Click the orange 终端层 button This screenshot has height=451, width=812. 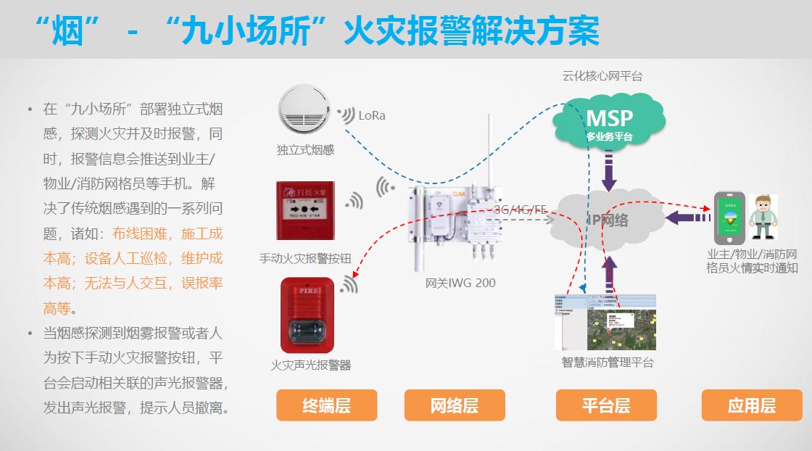click(327, 405)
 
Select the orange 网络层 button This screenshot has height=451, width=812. click(455, 405)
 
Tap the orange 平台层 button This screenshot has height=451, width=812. click(606, 405)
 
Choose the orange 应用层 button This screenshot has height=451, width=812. click(752, 405)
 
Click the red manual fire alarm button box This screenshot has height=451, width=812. click(305, 210)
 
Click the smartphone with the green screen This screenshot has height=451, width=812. click(729, 218)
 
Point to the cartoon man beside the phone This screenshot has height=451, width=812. click(762, 217)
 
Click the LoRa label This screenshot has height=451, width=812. click(372, 115)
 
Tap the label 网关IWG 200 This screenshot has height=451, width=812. click(460, 283)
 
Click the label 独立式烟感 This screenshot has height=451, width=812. click(305, 150)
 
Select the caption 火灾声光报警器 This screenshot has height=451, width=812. click(310, 365)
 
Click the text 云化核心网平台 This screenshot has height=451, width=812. click(602, 75)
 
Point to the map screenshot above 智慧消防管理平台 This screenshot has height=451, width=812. click(605, 323)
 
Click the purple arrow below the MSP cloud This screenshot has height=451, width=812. click(609, 171)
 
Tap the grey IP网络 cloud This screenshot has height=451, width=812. click(605, 220)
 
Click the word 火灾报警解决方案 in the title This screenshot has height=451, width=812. click(471, 30)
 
